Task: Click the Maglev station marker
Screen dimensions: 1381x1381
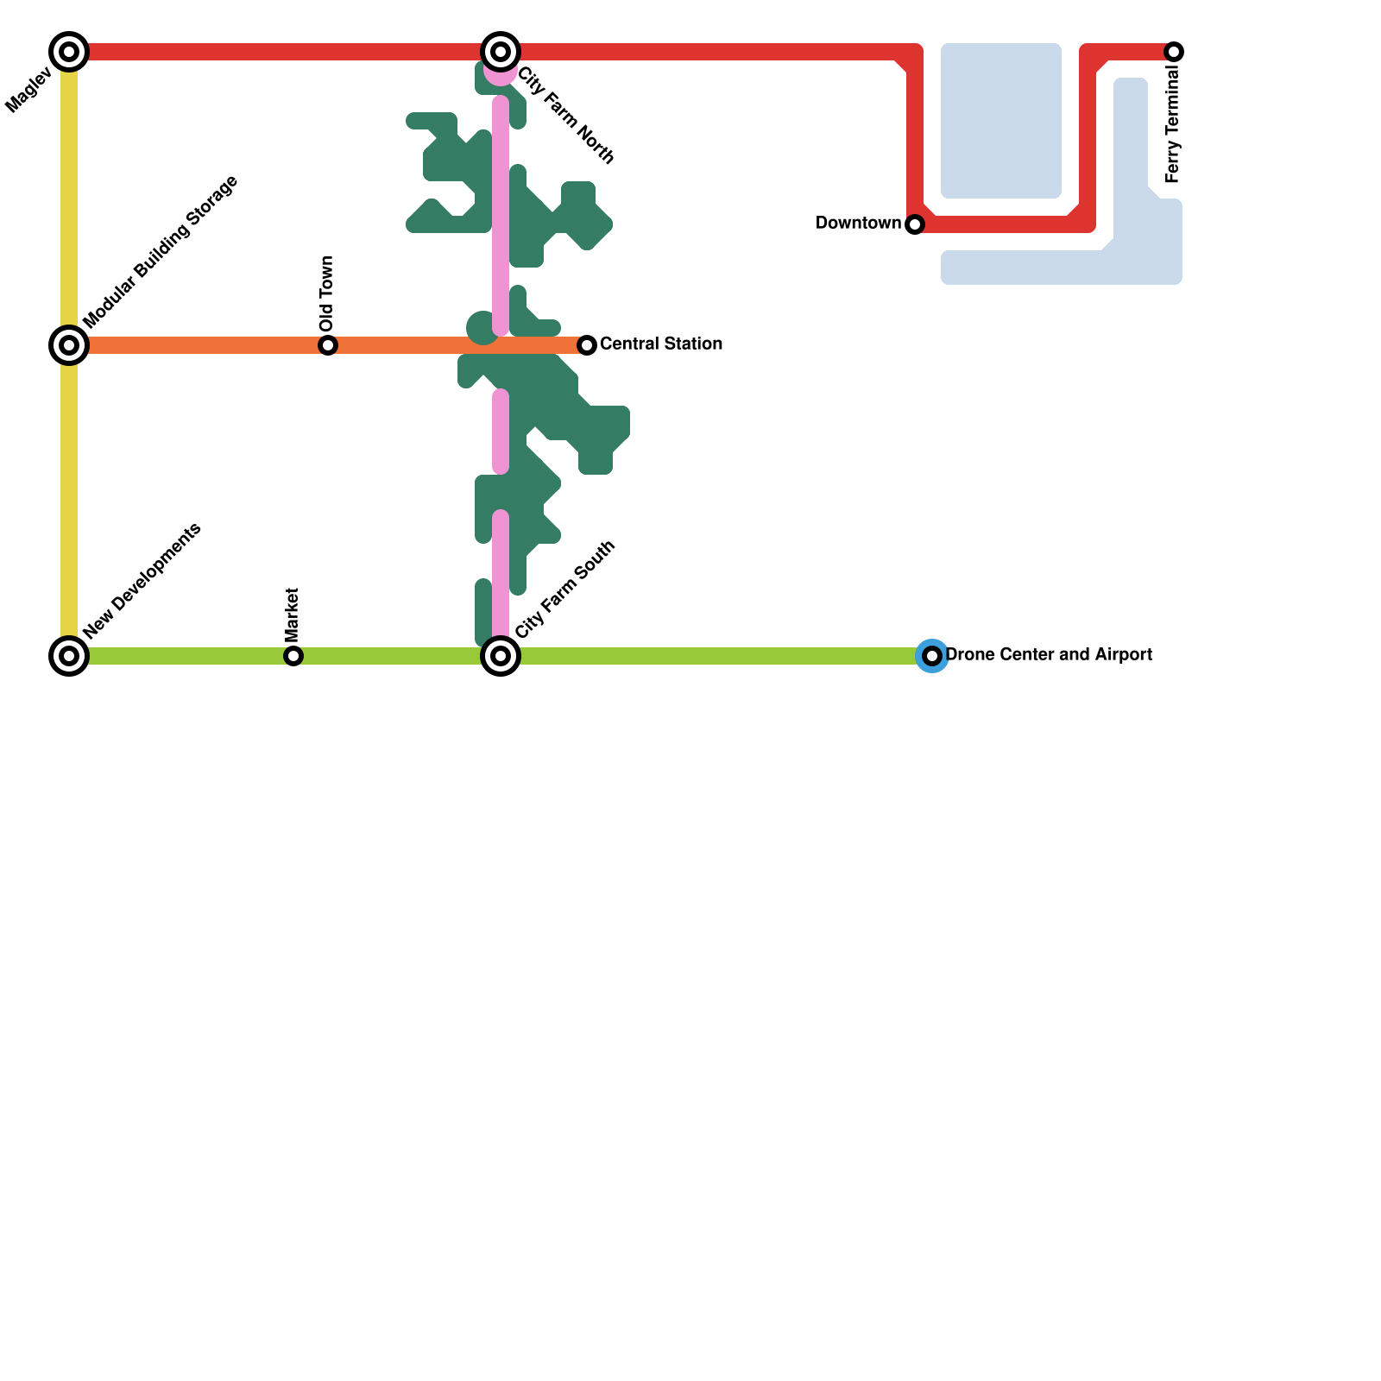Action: coord(69,52)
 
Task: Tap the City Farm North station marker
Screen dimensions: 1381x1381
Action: coord(501,52)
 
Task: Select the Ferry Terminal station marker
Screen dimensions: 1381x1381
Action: coord(1174,52)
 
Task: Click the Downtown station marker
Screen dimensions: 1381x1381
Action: coord(915,224)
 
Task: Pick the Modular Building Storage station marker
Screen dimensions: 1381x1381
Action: coord(69,345)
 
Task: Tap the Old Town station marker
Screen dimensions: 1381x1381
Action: coord(328,345)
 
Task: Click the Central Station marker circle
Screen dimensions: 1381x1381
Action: coord(587,345)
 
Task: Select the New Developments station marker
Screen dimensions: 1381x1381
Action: coord(69,656)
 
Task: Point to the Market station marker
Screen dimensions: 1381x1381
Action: coord(293,656)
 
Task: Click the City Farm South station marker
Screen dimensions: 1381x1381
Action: coord(501,656)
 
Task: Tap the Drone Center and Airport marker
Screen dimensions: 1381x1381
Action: coord(932,656)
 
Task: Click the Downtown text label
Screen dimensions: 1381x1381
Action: coord(858,224)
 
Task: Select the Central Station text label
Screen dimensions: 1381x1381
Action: coord(661,344)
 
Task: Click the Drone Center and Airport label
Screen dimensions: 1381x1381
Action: coord(1050,655)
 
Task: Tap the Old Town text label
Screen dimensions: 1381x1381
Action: coord(326,294)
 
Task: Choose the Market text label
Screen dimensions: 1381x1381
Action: coord(292,615)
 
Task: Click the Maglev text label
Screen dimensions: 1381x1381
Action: coord(29,91)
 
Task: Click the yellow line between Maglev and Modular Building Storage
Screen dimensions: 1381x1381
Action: coord(69,199)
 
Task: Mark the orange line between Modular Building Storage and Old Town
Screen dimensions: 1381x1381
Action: coord(199,345)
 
